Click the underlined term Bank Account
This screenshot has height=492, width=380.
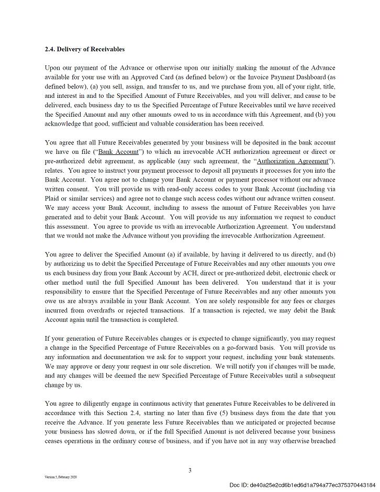119,152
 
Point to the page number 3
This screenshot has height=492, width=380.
190,471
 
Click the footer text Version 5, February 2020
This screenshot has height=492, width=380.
61,477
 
